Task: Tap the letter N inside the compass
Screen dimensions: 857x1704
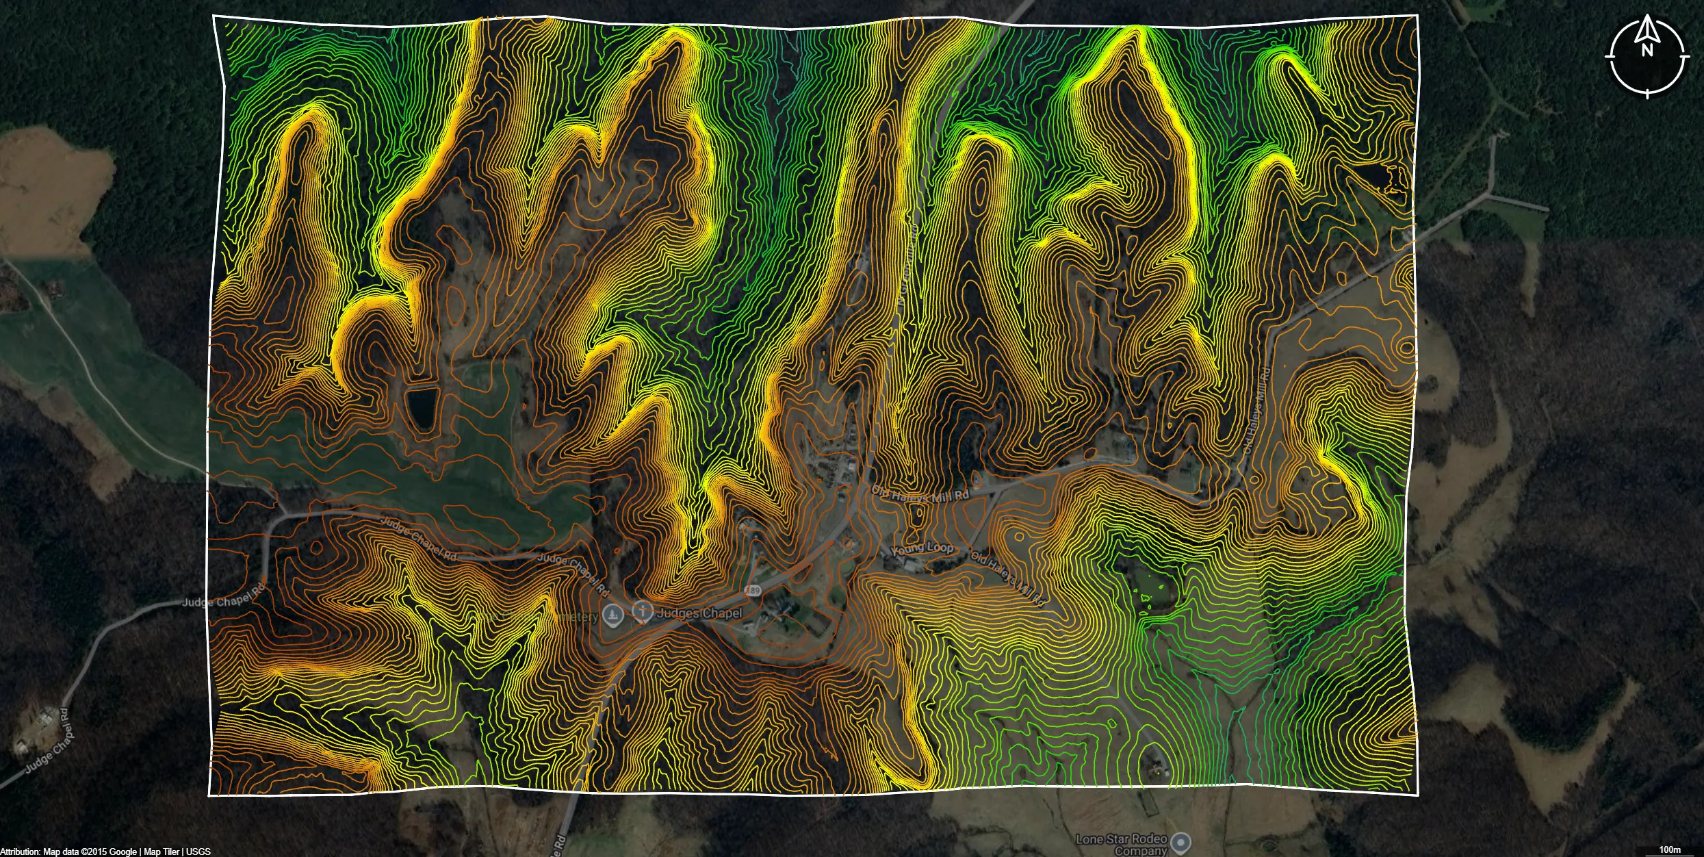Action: pyautogui.click(x=1647, y=50)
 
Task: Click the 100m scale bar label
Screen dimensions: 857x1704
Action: pyautogui.click(x=1670, y=849)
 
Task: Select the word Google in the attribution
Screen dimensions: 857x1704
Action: pyautogui.click(x=123, y=852)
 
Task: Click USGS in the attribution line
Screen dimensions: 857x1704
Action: pyautogui.click(x=198, y=852)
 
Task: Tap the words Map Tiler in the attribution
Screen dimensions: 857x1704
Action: pyautogui.click(x=162, y=852)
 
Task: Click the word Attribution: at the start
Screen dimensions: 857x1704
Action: pyautogui.click(x=21, y=852)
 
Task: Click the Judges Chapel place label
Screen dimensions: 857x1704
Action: pyautogui.click(x=699, y=613)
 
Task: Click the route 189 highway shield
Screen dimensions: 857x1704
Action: pyautogui.click(x=753, y=590)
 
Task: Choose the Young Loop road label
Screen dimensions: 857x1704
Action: pyautogui.click(x=922, y=548)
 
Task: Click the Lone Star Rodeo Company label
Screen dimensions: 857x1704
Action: pyautogui.click(x=1121, y=844)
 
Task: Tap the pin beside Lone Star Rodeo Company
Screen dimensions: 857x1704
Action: pyautogui.click(x=1181, y=842)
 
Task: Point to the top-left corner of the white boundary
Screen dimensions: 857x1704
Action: pyautogui.click(x=214, y=16)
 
